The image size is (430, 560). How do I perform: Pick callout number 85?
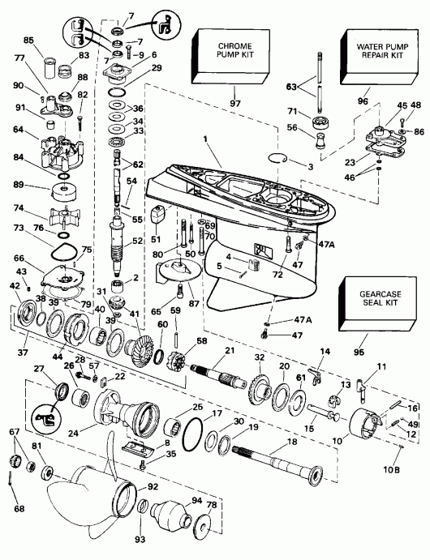click(28, 40)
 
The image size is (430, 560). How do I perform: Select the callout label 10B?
click(392, 469)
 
